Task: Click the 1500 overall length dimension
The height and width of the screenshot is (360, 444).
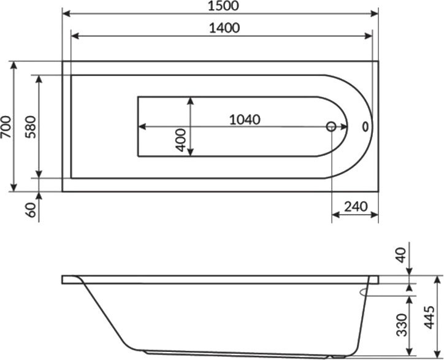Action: [221, 6]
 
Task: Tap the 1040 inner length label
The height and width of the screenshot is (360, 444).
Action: [245, 118]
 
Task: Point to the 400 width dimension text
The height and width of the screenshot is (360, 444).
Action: [180, 140]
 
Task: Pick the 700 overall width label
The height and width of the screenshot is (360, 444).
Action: [6, 126]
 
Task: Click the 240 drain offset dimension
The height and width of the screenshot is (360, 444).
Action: [355, 206]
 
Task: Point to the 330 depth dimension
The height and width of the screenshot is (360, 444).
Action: [401, 324]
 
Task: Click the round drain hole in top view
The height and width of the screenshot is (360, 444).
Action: [331, 127]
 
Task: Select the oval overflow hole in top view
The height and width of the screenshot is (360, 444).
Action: [366, 127]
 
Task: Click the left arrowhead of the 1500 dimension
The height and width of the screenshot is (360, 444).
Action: [66, 14]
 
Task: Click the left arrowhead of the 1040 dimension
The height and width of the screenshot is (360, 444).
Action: [142, 127]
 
